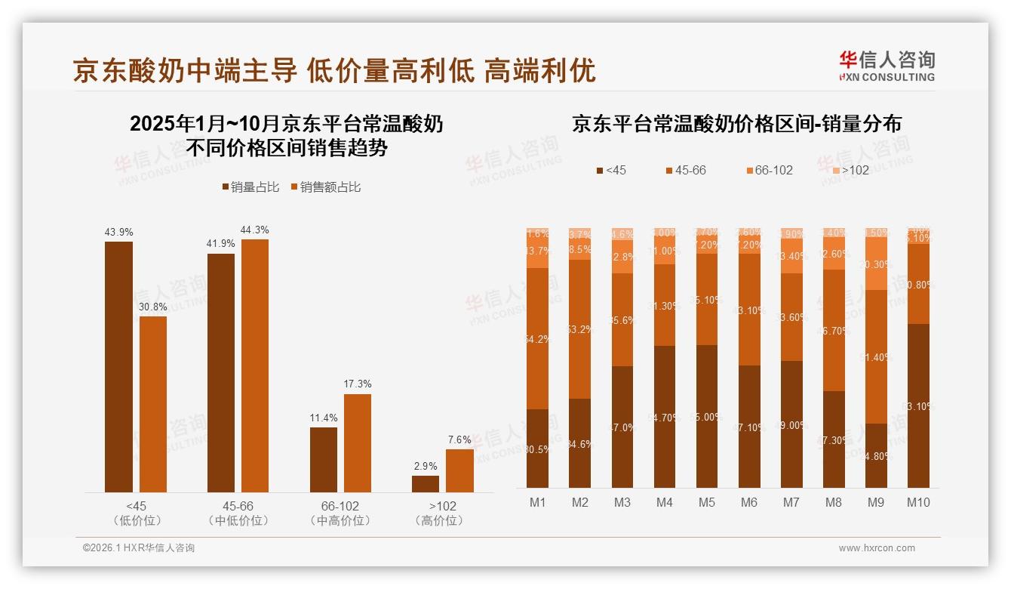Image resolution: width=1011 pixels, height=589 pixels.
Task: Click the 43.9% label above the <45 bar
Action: [x=118, y=232]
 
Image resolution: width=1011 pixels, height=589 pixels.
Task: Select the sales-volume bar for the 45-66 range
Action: [x=220, y=372]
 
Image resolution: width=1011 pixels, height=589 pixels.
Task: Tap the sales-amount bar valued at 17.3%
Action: [x=358, y=443]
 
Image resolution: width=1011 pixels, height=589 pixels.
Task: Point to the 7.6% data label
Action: [x=459, y=439]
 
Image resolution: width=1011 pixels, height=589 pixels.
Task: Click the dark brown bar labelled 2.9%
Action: [x=426, y=483]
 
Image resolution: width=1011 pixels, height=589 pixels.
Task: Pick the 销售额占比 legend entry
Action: [x=325, y=187]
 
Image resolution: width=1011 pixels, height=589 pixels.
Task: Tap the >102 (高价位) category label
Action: [x=442, y=513]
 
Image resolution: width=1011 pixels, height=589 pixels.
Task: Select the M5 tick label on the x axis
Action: [x=706, y=502]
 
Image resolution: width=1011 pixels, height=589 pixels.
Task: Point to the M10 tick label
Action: [x=917, y=502]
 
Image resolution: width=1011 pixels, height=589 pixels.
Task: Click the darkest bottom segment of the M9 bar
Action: [x=875, y=455]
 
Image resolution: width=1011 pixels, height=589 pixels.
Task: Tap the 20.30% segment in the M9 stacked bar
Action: [x=875, y=264]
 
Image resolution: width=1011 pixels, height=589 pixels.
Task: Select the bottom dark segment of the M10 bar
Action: [x=917, y=406]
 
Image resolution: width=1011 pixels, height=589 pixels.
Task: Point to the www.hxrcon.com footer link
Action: [x=877, y=548]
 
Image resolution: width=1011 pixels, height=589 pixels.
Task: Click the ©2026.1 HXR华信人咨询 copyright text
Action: [x=139, y=548]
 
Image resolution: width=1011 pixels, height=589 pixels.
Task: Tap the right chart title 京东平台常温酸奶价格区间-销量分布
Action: [x=736, y=124]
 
